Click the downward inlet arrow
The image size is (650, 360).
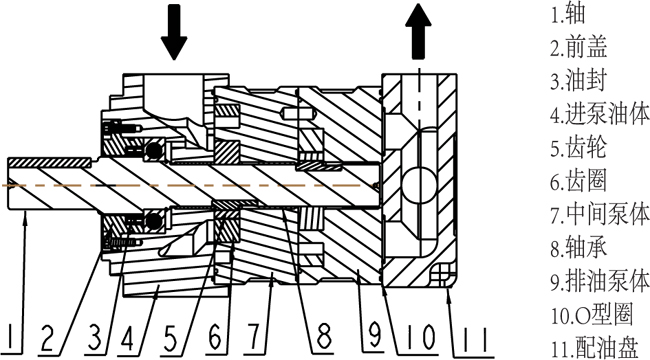[x=174, y=32]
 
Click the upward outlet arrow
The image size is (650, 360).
[x=419, y=32]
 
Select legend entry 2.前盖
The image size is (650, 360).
[x=579, y=46]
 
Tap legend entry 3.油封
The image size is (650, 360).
[x=579, y=80]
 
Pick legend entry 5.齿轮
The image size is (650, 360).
[x=579, y=147]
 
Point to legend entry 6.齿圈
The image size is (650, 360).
[x=579, y=181]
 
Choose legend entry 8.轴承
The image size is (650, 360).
[x=579, y=248]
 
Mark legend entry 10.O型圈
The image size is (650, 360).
[x=592, y=315]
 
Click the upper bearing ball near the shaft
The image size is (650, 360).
[x=154, y=150]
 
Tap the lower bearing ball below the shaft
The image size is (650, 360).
[x=154, y=221]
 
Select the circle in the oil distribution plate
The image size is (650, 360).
[x=419, y=185]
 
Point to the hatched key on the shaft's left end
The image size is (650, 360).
[x=49, y=161]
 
